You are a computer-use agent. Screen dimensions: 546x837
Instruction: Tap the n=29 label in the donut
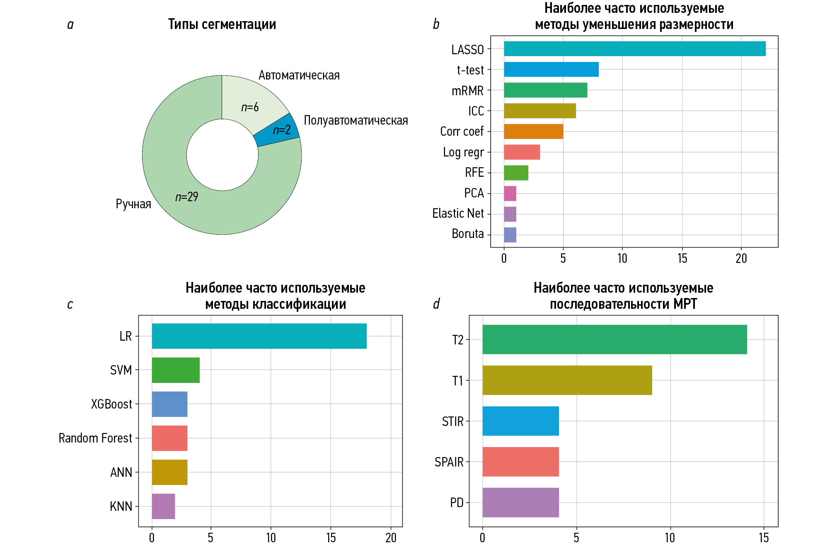[x=186, y=197]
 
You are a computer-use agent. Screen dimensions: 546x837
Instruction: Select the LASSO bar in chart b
[x=634, y=49]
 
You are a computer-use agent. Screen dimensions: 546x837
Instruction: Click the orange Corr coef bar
[x=533, y=132]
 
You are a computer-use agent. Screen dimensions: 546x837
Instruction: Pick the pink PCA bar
[x=510, y=193]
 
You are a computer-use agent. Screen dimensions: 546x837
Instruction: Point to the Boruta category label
[x=467, y=234]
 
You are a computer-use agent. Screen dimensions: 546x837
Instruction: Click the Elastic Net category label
[x=458, y=214]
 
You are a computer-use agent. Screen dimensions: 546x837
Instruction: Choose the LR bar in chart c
[x=259, y=336]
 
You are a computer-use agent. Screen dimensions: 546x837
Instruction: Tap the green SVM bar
[x=176, y=370]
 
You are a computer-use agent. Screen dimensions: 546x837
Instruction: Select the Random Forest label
[x=95, y=438]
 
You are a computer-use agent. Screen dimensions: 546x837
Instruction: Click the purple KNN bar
[x=163, y=506]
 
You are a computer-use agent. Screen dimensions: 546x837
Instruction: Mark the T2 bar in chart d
[x=614, y=339]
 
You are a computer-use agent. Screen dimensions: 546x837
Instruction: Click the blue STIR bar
[x=520, y=421]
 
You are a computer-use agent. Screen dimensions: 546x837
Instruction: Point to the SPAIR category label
[x=449, y=462]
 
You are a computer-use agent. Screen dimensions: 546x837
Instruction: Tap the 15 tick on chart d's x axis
[x=764, y=538]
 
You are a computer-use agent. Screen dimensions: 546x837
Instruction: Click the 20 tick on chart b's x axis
[x=741, y=259]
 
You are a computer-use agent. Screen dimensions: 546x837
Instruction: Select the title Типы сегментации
[x=222, y=24]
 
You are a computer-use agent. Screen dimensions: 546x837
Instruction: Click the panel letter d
[x=436, y=304]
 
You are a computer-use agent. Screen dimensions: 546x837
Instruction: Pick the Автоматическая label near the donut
[x=299, y=75]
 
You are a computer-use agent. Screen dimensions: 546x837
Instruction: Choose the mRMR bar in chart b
[x=545, y=90]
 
